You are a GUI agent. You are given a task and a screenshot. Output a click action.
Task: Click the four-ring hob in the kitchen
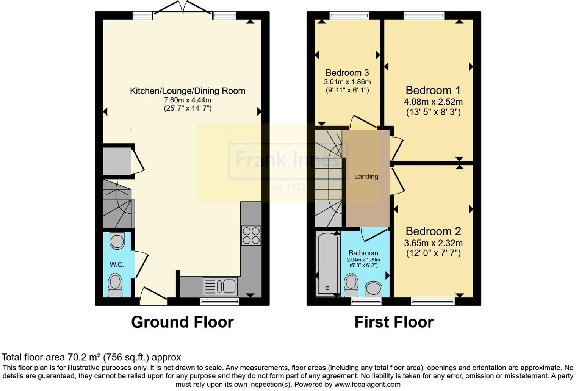pos(251,235)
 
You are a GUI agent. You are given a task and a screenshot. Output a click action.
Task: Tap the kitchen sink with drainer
pos(220,286)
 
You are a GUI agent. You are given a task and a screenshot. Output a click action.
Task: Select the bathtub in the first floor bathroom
pos(327,263)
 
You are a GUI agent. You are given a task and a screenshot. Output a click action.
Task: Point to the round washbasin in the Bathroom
pos(374,288)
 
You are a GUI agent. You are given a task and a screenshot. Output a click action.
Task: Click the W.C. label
pos(117,264)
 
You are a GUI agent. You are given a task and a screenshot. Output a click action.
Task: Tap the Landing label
pos(366,176)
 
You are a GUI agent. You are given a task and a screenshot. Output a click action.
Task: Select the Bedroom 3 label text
pos(347,72)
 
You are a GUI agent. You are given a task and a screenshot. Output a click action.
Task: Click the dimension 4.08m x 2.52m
pos(433,102)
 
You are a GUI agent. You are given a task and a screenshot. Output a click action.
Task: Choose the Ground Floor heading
pos(182,322)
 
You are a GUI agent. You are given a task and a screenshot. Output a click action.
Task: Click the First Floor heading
pos(394,322)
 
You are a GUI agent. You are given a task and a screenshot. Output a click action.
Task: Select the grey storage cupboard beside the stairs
pos(117,161)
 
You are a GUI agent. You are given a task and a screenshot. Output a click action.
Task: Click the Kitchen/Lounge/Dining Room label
pos(188,91)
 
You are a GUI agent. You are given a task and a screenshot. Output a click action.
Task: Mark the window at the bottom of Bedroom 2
pos(433,302)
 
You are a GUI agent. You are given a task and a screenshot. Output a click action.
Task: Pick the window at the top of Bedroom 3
pos(349,16)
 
